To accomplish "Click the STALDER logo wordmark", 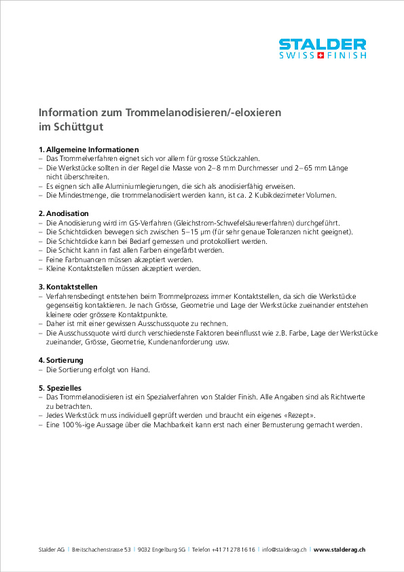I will (x=323, y=44).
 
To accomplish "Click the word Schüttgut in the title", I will (x=80, y=126).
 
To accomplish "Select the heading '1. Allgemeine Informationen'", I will (x=89, y=149).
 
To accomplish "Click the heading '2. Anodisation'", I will (x=64, y=213).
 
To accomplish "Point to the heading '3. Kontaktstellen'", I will (x=68, y=287).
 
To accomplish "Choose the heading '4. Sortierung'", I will (x=61, y=359).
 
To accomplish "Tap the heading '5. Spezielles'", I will (x=60, y=387).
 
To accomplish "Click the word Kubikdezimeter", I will (x=288, y=196).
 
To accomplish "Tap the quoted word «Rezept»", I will (x=299, y=415).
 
